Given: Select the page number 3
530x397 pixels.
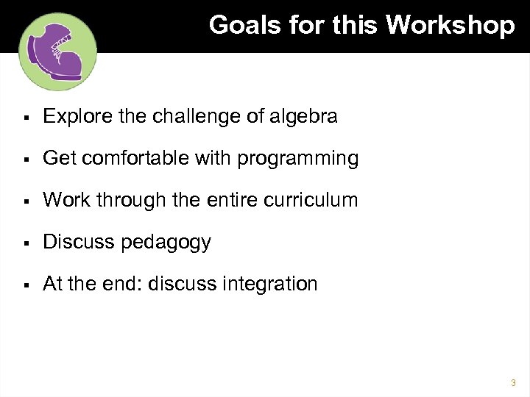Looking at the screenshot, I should coord(512,383).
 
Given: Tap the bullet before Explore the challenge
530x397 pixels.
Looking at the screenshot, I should coord(25,117).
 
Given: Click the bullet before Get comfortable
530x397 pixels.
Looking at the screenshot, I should coord(25,159).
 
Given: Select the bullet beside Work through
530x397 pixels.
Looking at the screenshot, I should coord(25,201).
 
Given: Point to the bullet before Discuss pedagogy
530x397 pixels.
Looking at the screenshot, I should coord(25,243).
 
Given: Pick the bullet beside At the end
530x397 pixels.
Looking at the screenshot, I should coord(25,285).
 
